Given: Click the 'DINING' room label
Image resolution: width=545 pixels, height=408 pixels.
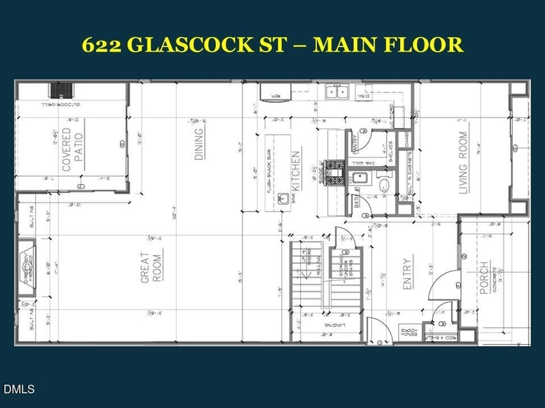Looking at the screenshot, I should (199, 143).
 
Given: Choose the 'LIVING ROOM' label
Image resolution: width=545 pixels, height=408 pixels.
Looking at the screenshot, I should (463, 163).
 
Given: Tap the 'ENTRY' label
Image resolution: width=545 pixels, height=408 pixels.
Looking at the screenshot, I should (407, 274).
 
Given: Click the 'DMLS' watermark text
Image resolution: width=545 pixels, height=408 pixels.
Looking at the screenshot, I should (18, 390).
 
